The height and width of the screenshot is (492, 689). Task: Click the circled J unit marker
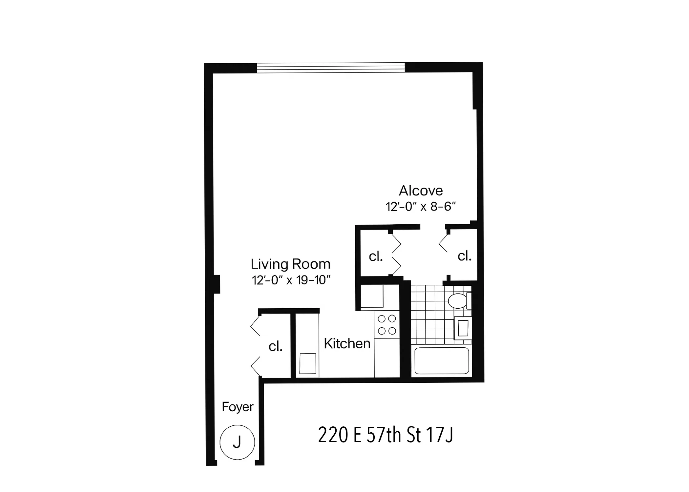(x=237, y=442)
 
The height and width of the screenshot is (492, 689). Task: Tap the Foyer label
(x=238, y=407)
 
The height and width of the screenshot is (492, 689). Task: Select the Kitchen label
(x=347, y=343)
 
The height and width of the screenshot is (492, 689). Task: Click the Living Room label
(x=290, y=264)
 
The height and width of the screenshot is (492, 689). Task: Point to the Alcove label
(x=421, y=191)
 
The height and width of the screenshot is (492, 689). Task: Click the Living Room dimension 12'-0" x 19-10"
(x=291, y=280)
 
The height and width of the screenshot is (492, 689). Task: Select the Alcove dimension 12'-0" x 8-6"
(x=421, y=207)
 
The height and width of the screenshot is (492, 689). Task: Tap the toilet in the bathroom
(x=458, y=301)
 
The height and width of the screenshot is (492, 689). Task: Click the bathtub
(x=442, y=361)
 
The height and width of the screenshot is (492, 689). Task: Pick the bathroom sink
(x=463, y=328)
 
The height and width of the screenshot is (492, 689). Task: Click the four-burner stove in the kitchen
(x=387, y=324)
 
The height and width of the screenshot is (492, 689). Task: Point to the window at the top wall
(x=331, y=68)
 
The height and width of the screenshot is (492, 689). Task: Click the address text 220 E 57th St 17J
(x=386, y=435)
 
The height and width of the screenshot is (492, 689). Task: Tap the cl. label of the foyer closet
(x=276, y=346)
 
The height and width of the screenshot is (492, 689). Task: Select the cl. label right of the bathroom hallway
(x=465, y=256)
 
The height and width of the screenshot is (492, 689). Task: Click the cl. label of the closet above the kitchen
(x=376, y=256)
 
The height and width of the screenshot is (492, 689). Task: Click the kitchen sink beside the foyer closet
(x=308, y=363)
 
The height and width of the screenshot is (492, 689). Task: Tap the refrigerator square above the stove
(x=372, y=296)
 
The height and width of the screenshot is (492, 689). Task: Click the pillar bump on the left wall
(x=217, y=284)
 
